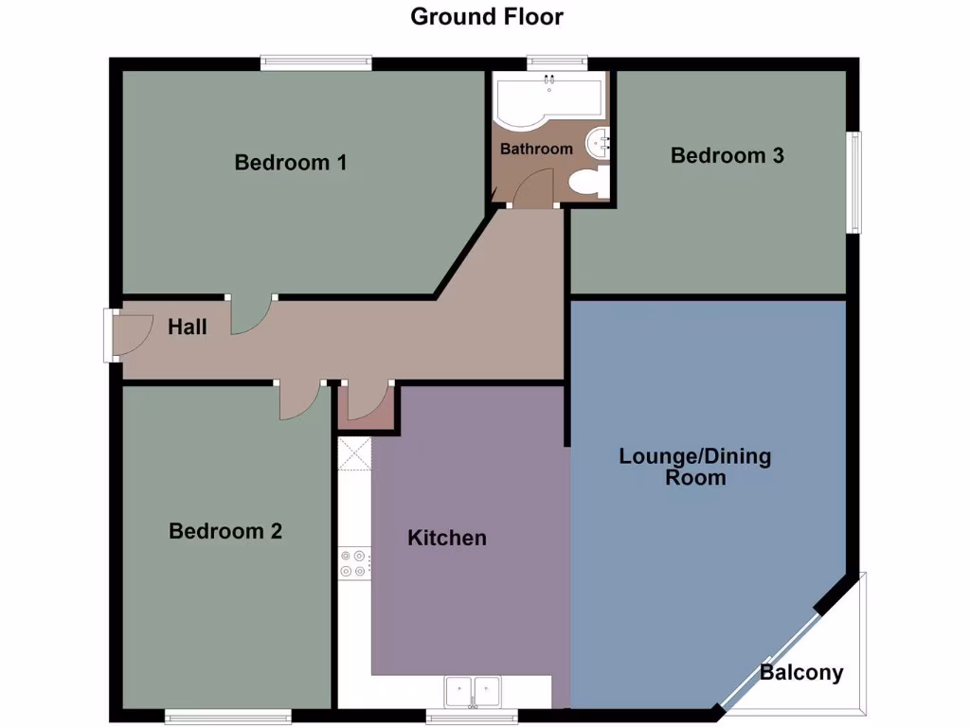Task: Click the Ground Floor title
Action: point(486,16)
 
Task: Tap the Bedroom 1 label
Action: point(291,162)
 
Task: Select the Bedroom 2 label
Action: point(225,531)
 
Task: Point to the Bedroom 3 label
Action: point(727,155)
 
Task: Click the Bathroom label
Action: point(536,149)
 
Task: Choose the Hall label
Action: point(188,328)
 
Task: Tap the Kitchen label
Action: point(447,538)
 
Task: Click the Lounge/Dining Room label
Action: point(695,467)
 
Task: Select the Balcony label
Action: point(801,673)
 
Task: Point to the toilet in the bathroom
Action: point(588,182)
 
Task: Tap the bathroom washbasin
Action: point(599,143)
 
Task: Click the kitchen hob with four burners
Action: point(354,564)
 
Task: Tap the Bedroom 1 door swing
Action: point(250,315)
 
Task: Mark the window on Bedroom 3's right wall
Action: point(854,182)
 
